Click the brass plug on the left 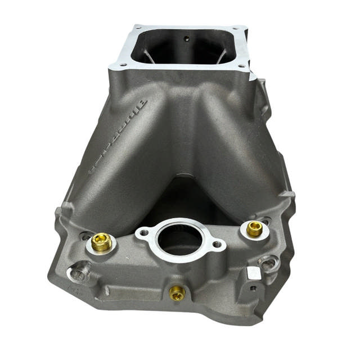(102, 242)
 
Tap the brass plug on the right (254, 228)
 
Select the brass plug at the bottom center (177, 292)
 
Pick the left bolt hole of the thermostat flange (144, 232)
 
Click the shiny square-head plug (254, 273)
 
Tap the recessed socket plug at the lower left (78, 274)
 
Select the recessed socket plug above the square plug (269, 262)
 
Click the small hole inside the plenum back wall (187, 39)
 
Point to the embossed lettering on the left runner (118, 135)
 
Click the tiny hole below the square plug (253, 289)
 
